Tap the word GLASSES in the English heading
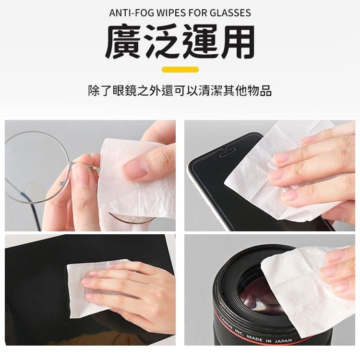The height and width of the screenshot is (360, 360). pyautogui.click(x=229, y=13)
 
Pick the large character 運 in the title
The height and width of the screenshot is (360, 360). pyautogui.click(x=199, y=43)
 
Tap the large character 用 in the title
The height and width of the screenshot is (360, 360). pyautogui.click(x=236, y=43)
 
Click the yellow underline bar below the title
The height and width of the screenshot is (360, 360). pyautogui.click(x=180, y=70)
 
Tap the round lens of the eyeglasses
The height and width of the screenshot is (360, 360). pyautogui.click(x=36, y=166)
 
